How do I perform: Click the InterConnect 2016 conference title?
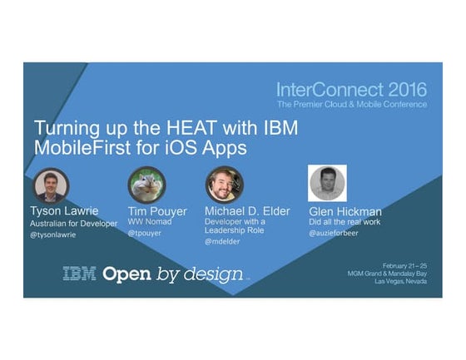(352, 90)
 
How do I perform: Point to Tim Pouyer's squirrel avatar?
(146, 185)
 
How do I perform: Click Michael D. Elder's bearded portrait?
(225, 185)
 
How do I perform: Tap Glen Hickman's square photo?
(326, 182)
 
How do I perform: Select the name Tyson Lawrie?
(66, 211)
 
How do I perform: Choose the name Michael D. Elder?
(247, 211)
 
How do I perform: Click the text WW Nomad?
(150, 223)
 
